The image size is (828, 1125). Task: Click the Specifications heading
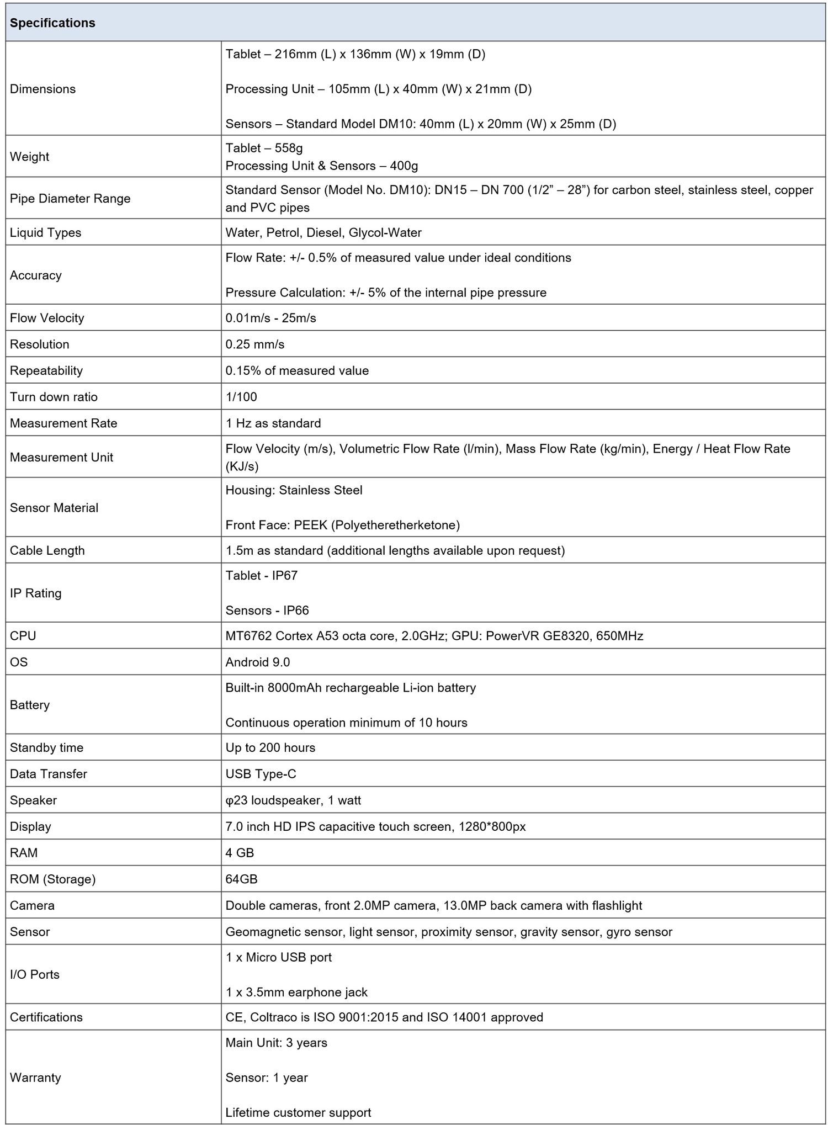tap(52, 23)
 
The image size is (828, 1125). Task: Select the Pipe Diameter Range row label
tap(70, 199)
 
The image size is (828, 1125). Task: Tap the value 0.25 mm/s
tap(254, 344)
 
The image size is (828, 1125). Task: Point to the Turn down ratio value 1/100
tap(241, 397)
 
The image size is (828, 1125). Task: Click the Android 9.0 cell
tap(257, 662)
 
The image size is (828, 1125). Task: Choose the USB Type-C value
tap(261, 774)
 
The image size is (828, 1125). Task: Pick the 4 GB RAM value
tap(240, 853)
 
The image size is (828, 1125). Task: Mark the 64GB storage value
tap(241, 879)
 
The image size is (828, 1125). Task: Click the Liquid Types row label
tap(45, 232)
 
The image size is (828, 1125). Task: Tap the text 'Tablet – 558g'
tap(264, 148)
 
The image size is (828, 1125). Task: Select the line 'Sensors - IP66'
tap(267, 611)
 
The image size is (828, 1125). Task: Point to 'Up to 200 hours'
tap(270, 748)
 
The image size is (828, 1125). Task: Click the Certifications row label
tap(46, 1017)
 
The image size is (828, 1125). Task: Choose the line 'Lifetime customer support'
tap(298, 1112)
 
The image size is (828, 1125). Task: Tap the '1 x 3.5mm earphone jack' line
tap(296, 992)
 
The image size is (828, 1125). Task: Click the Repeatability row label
tap(46, 370)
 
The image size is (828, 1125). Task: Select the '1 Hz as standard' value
tap(273, 423)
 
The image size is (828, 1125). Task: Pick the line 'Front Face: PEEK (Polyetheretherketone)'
tap(342, 525)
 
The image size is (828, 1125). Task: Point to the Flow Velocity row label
tap(47, 318)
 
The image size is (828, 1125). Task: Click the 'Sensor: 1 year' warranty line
tap(267, 1078)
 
